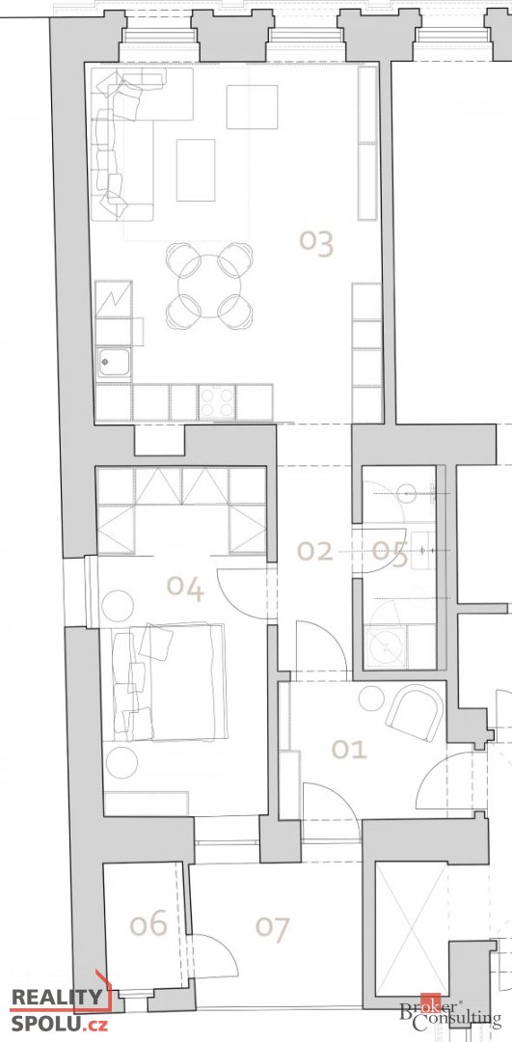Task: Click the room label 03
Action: pos(316,243)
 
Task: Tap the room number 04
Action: pos(185,588)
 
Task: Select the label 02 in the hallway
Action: pos(314,551)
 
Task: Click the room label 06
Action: pos(148,924)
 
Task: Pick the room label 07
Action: pos(273,928)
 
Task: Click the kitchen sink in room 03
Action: pos(113,364)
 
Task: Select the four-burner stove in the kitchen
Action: pos(217,401)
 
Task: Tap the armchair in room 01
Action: pos(416,712)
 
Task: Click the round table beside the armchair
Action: pos(371,699)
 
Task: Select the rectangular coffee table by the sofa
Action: pos(196,170)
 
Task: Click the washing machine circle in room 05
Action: pos(387,646)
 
